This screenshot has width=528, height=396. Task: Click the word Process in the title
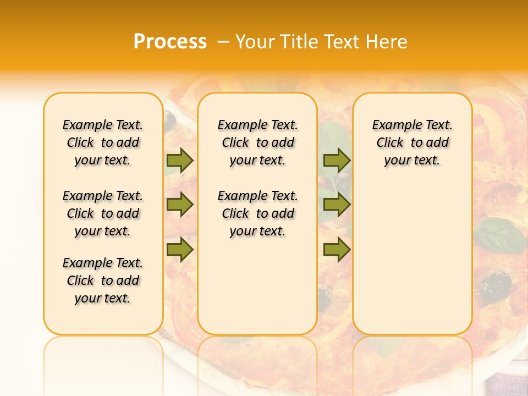click(x=170, y=42)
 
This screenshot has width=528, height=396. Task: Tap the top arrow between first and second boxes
click(x=180, y=160)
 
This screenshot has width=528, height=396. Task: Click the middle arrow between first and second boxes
click(x=180, y=205)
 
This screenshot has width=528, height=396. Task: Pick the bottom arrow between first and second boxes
click(x=180, y=250)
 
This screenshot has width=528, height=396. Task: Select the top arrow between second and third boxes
click(x=337, y=160)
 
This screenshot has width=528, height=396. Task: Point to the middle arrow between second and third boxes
click(x=337, y=205)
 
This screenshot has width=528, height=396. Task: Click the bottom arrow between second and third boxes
click(x=337, y=250)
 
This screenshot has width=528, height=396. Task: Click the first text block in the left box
click(x=103, y=142)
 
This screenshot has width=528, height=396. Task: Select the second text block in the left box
click(x=103, y=213)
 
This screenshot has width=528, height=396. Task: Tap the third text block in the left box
click(x=103, y=280)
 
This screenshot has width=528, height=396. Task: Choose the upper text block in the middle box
click(x=257, y=142)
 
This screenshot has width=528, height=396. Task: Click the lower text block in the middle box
click(x=257, y=213)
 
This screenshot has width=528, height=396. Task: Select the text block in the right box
click(x=412, y=142)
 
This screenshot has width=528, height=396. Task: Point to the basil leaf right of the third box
click(x=499, y=235)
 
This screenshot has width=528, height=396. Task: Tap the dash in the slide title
click(x=223, y=42)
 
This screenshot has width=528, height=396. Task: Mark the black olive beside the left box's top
click(x=170, y=120)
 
